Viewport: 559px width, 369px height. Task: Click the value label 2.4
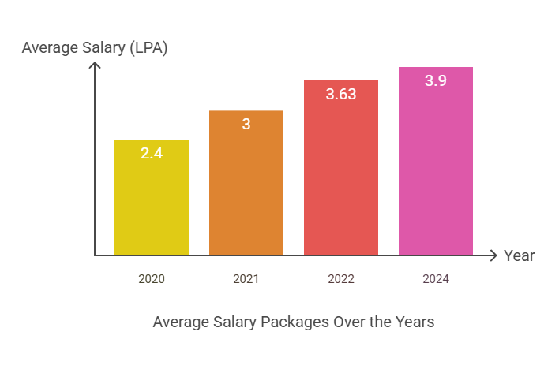(152, 154)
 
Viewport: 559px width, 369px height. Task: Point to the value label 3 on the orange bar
(246, 124)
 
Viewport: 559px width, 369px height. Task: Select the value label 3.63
(341, 94)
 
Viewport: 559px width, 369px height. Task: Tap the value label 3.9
(436, 80)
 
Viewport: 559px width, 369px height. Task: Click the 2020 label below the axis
(152, 279)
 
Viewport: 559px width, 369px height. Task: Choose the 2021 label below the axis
(246, 279)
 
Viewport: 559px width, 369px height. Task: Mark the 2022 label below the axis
(341, 279)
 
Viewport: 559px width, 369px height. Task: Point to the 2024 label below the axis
(436, 279)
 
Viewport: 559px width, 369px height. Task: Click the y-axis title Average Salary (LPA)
(95, 48)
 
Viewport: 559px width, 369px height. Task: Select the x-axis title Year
(520, 255)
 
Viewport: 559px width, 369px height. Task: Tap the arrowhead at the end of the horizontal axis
(493, 255)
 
